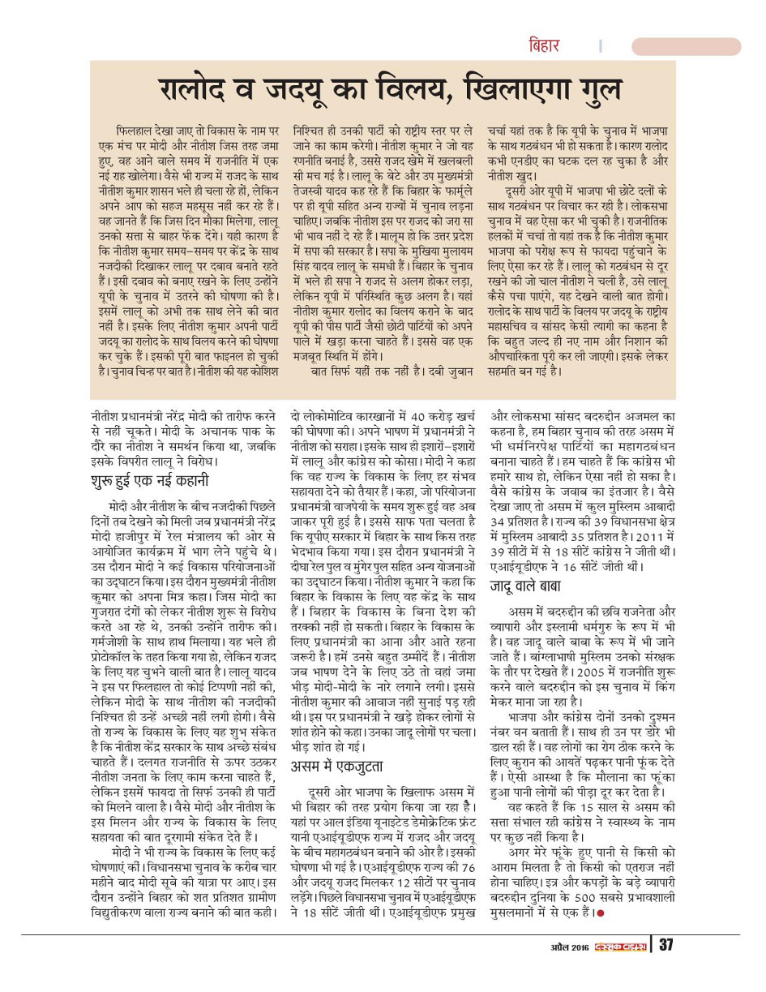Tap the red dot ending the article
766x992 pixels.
(601, 913)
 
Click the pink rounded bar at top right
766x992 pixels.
(698, 46)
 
